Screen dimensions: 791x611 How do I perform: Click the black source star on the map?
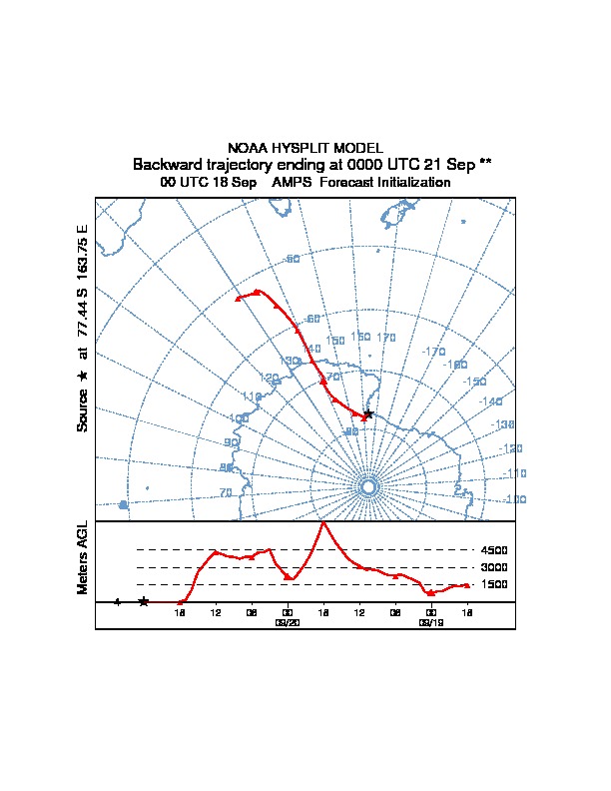(x=368, y=413)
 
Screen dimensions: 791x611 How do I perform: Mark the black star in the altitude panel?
(x=144, y=601)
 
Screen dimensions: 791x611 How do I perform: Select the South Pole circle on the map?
(x=367, y=486)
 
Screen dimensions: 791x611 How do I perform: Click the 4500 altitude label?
(x=494, y=550)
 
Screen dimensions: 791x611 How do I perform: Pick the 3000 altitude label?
(x=494, y=567)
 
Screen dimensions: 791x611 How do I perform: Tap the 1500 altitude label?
(x=494, y=584)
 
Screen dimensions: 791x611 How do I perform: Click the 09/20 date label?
(x=288, y=622)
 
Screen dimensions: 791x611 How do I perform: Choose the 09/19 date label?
(x=431, y=622)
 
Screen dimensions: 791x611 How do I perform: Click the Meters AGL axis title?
(x=83, y=557)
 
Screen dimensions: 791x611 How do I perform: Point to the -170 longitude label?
(x=433, y=352)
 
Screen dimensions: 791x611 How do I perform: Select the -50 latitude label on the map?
(x=292, y=260)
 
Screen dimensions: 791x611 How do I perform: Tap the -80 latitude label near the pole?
(x=350, y=431)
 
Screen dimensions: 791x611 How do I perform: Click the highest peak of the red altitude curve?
(x=323, y=522)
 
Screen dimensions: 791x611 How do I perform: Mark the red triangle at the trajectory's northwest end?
(x=238, y=298)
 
